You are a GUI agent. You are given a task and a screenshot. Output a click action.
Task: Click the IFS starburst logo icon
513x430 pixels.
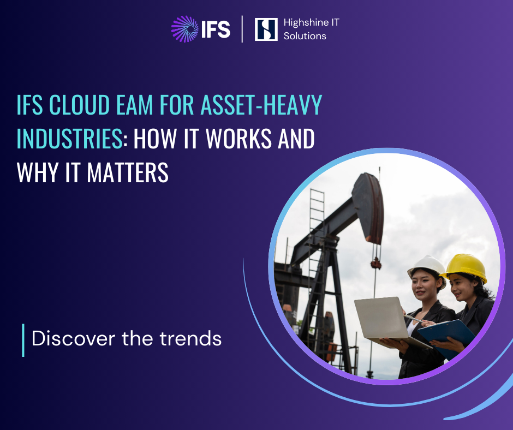(184, 29)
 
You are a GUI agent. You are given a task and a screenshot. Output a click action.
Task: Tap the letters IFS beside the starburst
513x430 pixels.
(216, 29)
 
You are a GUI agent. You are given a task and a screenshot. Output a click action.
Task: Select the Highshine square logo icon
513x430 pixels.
(266, 29)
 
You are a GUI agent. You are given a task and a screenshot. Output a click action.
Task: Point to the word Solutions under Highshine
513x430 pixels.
(305, 36)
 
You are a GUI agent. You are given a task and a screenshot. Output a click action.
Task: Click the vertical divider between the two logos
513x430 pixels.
(242, 29)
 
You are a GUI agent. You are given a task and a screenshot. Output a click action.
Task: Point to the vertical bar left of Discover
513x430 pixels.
(23, 340)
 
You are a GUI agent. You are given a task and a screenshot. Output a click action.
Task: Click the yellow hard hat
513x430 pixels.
(466, 267)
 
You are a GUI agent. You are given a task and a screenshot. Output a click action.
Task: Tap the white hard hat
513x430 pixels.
(427, 266)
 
